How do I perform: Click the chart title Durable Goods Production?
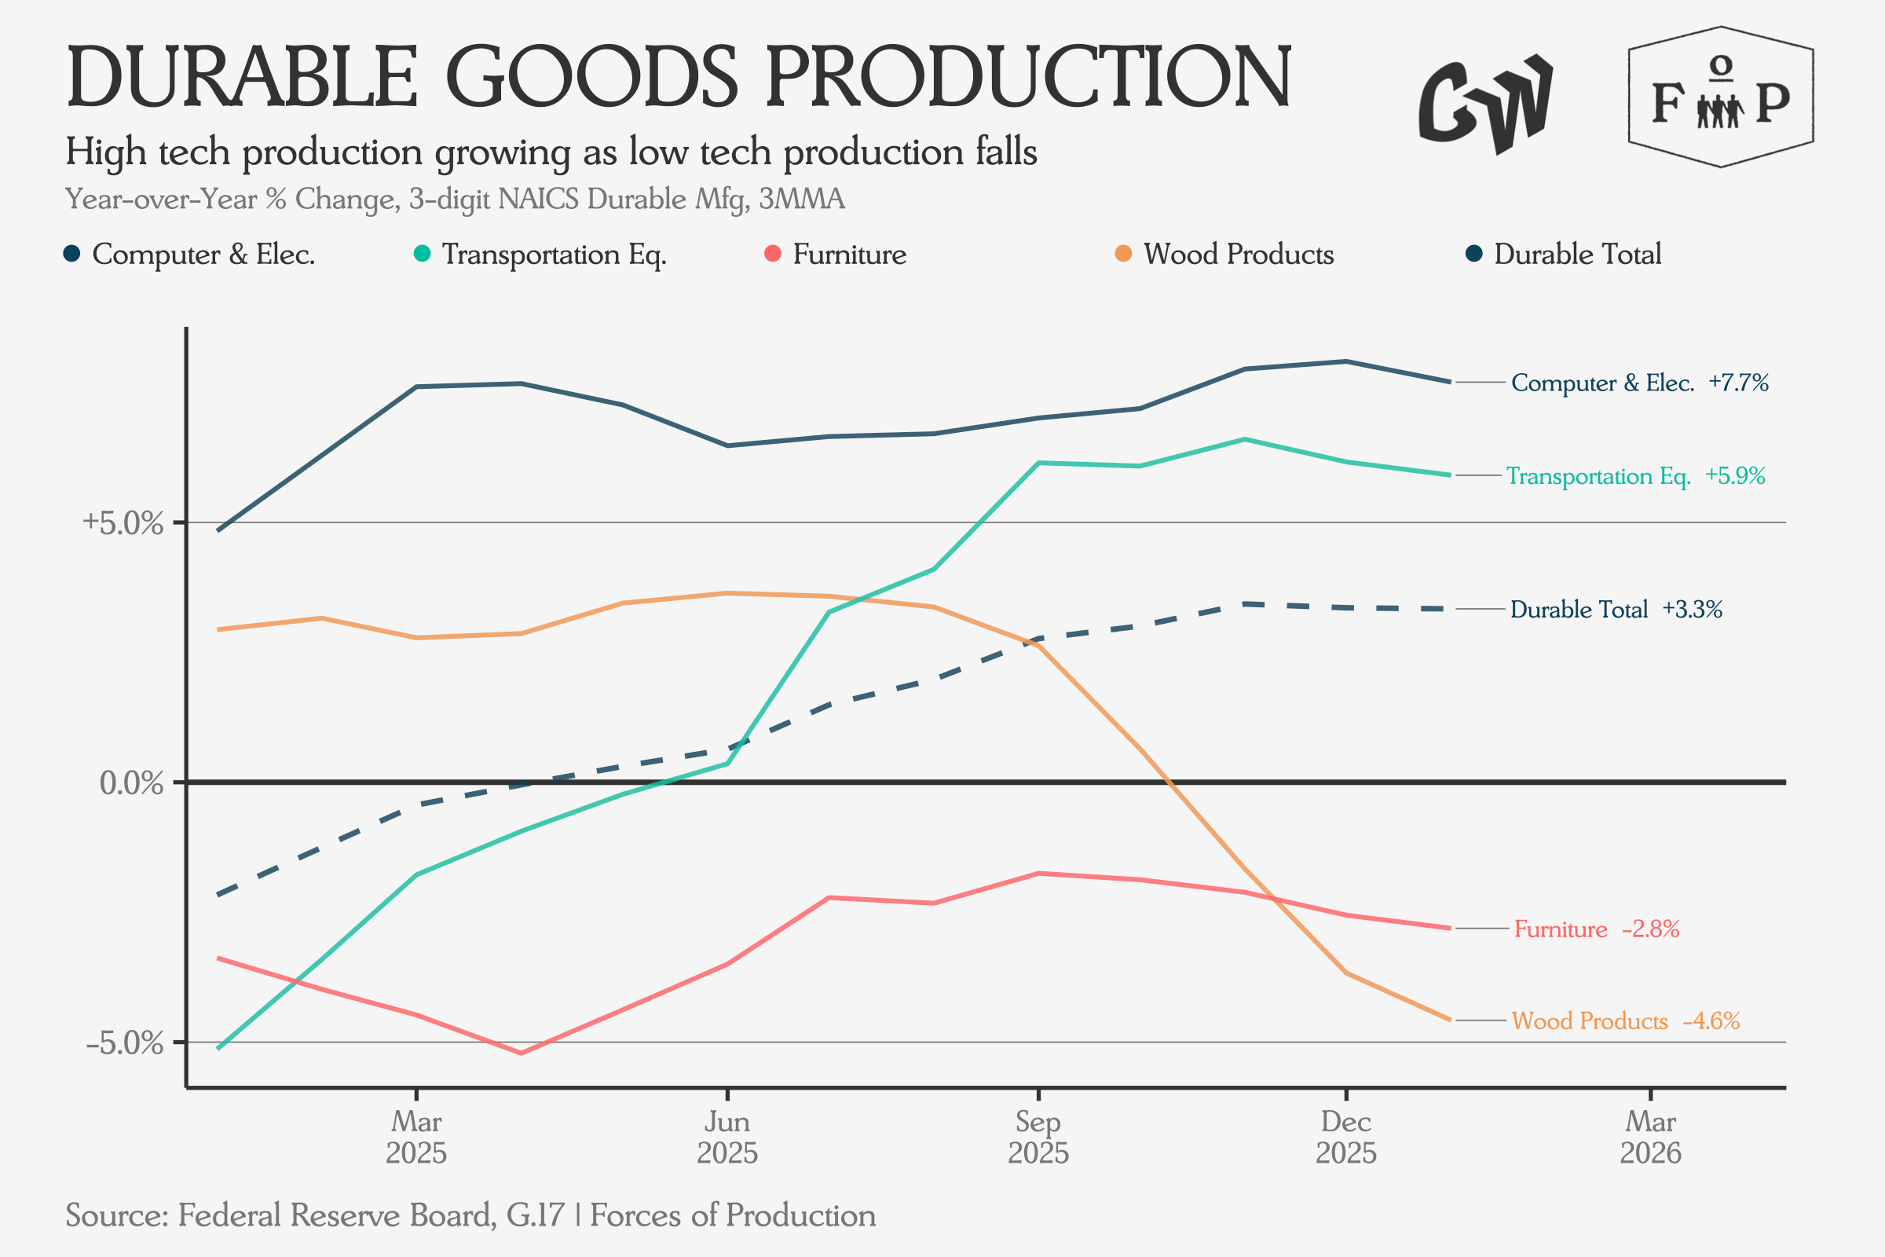click(678, 77)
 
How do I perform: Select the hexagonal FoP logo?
click(1721, 97)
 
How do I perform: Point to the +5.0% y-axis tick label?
click(123, 522)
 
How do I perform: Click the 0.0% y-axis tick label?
click(130, 782)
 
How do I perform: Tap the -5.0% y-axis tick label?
click(124, 1043)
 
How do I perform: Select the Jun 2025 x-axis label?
click(727, 1137)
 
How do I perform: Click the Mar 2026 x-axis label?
click(1650, 1137)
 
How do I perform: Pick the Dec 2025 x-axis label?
click(1345, 1137)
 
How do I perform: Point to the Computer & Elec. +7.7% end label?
click(1639, 383)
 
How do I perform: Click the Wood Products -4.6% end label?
click(1625, 1021)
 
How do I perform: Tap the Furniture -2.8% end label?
click(1596, 929)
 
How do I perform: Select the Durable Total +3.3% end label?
click(1616, 610)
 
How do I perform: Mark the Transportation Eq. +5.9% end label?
click(1635, 475)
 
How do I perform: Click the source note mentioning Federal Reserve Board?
click(470, 1215)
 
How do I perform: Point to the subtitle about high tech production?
click(551, 152)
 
